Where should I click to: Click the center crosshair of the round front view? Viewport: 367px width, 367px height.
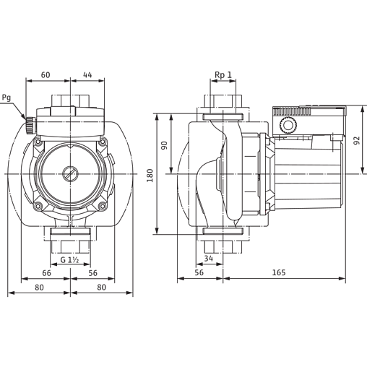click(x=70, y=173)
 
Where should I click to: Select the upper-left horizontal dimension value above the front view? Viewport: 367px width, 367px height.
click(x=45, y=74)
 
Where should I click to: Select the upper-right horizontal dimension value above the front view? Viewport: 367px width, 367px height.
click(x=87, y=74)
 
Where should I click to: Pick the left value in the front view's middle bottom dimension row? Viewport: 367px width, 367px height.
click(x=45, y=272)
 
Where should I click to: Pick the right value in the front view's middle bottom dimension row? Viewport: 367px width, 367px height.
click(x=92, y=272)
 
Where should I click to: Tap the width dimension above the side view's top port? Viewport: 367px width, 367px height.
click(x=223, y=75)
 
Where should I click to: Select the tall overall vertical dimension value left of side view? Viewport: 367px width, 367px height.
click(x=150, y=174)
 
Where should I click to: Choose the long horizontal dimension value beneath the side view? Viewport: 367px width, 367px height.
click(x=282, y=272)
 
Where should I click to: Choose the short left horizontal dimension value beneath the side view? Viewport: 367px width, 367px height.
click(x=200, y=272)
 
